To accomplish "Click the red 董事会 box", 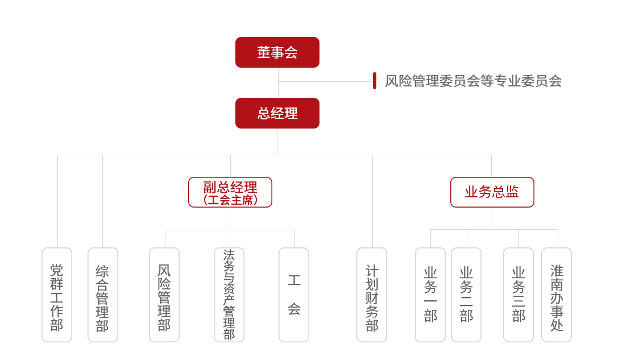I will (x=277, y=52).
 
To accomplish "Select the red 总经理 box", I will (x=277, y=113).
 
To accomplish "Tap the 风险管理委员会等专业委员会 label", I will (x=473, y=81).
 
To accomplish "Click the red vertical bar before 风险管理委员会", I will (x=375, y=81).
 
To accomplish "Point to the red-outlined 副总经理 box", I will (x=230, y=192).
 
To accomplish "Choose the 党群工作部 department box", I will (x=57, y=295).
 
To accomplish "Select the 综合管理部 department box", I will (x=102, y=295).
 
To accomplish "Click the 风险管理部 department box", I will (x=164, y=295).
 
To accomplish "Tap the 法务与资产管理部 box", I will (x=229, y=295).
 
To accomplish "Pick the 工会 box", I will (x=294, y=295).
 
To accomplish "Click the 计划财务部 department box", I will (x=372, y=295).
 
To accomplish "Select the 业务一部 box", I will (x=430, y=295).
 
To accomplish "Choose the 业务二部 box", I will (x=466, y=295).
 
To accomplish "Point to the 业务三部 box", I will (x=518, y=295).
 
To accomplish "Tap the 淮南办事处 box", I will (x=557, y=295).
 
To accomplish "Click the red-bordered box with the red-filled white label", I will (x=492, y=192).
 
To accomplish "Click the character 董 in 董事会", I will (x=264, y=53).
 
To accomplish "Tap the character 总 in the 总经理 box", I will (x=264, y=113).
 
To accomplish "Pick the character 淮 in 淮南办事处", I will (x=557, y=271).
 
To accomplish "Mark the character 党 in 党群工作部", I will (x=57, y=270).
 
